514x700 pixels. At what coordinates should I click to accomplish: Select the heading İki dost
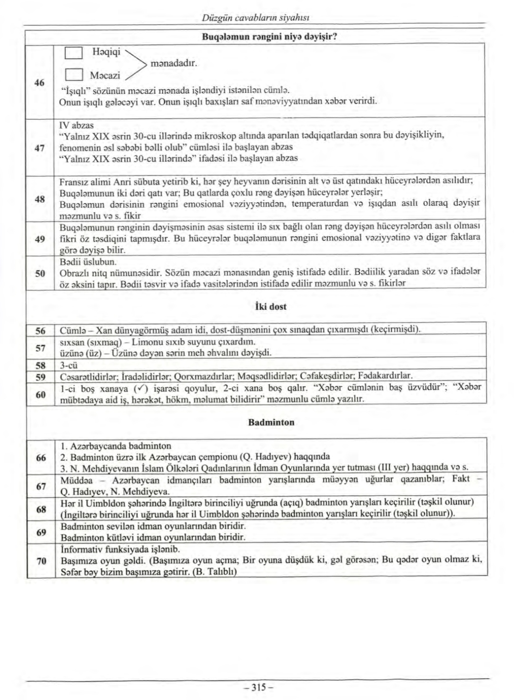click(x=271, y=307)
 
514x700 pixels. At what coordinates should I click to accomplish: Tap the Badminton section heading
click(x=271, y=422)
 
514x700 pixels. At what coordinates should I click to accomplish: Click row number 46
click(x=40, y=82)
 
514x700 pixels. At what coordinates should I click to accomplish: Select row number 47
click(x=40, y=148)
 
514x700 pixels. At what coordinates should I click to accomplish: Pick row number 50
click(x=40, y=273)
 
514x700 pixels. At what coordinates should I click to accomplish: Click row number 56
click(x=40, y=330)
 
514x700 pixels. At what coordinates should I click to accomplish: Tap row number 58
click(x=40, y=365)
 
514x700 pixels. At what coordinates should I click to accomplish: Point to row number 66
click(x=40, y=457)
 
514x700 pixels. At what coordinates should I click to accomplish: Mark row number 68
click(x=40, y=509)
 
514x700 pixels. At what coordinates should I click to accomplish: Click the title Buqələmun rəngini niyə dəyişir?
click(x=270, y=36)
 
